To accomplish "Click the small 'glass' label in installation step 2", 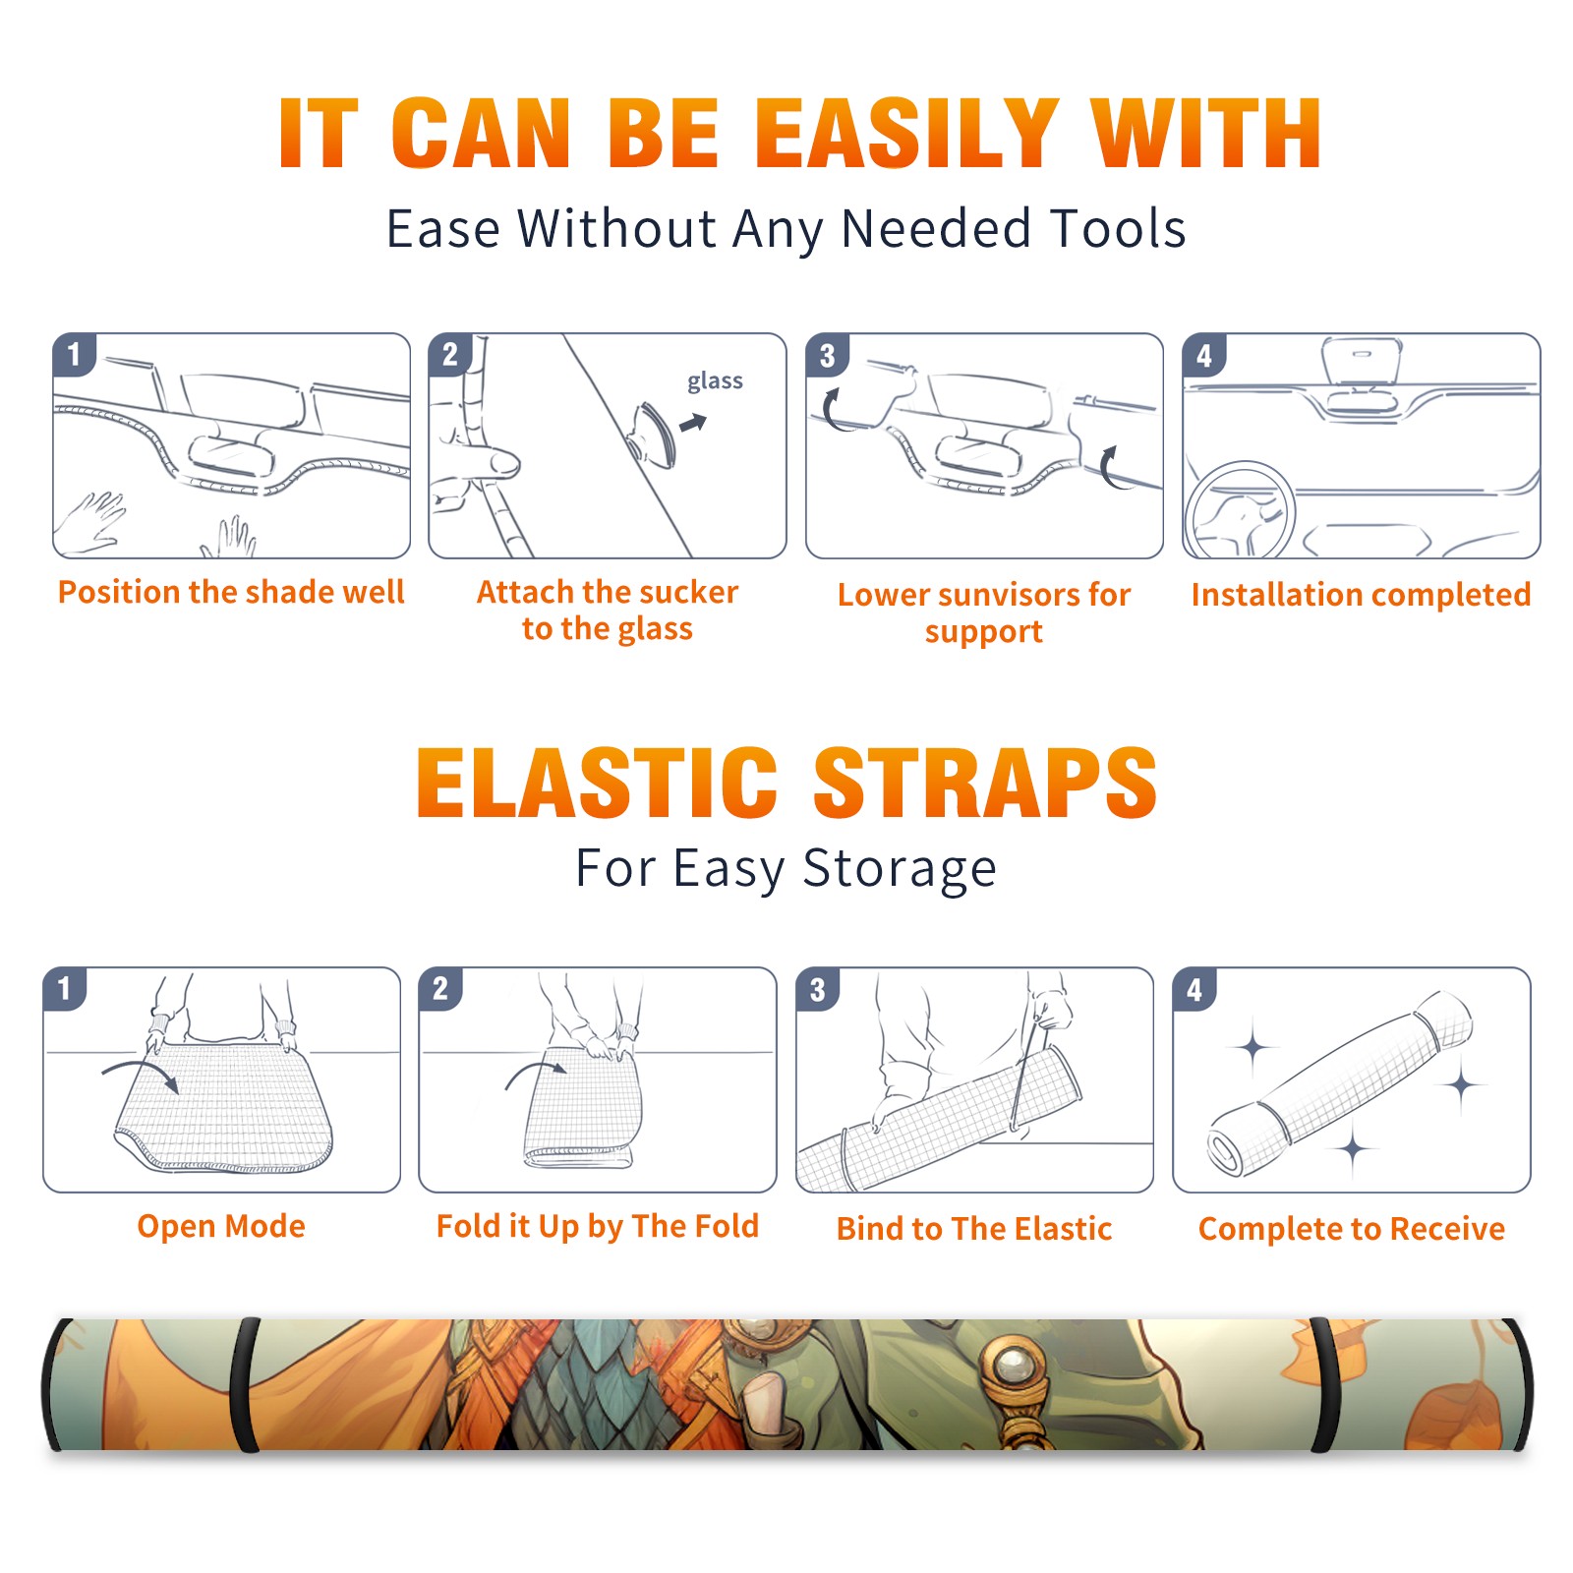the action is coord(715,381).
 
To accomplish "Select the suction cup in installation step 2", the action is coord(652,434).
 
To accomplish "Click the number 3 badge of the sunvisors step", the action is coord(826,355).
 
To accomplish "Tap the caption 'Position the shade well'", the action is coord(231,592).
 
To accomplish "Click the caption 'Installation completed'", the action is coord(1361,595).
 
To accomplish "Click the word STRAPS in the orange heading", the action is coord(986,783).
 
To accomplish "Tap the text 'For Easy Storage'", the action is coord(786,869).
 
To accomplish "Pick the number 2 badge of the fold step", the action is coord(439,988).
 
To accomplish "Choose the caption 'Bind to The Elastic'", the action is coord(974,1229).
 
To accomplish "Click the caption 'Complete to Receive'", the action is coord(1352,1229).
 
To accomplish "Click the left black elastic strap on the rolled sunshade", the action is coord(244,1384).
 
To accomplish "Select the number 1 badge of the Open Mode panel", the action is coord(64,988).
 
